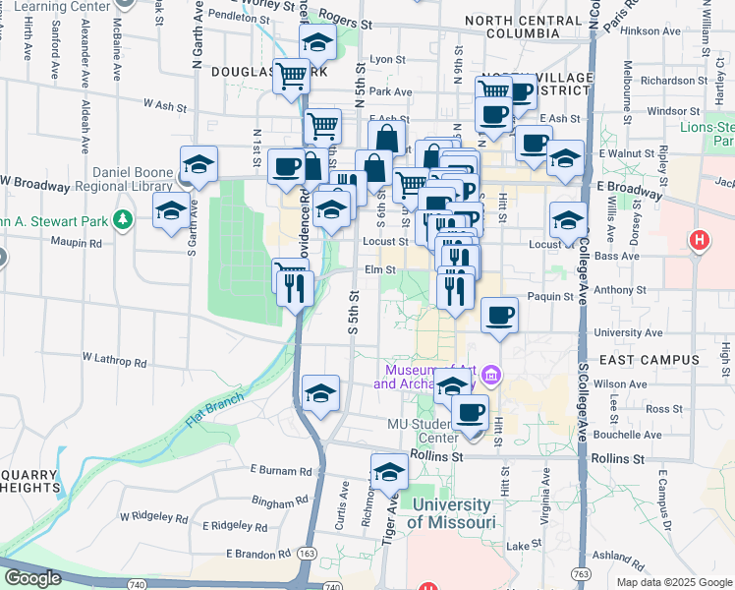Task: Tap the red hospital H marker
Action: click(699, 239)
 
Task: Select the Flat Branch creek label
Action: click(207, 412)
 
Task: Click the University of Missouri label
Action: click(452, 513)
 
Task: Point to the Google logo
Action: click(31, 577)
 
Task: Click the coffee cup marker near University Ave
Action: click(500, 317)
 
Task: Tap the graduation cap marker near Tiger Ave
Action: click(389, 473)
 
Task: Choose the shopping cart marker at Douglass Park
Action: click(292, 75)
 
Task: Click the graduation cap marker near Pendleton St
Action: click(317, 42)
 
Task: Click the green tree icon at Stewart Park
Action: click(123, 218)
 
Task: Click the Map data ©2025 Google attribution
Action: click(673, 581)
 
